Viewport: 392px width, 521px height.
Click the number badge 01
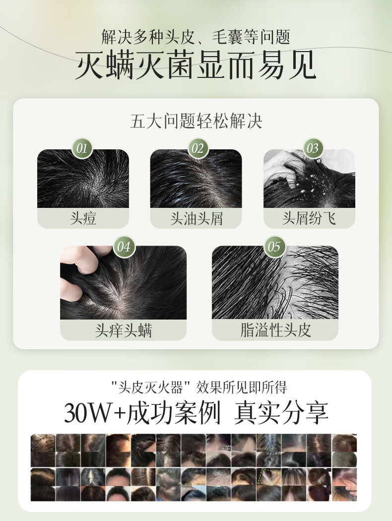point(82,148)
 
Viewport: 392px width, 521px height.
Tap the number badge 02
point(197,148)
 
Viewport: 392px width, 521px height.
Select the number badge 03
point(313,148)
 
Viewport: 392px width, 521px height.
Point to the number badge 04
point(124,247)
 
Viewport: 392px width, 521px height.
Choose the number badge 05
point(274,247)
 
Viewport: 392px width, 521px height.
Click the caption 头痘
point(83,218)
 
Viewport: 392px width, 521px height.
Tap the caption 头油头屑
point(196,218)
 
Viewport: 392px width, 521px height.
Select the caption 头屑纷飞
point(309,218)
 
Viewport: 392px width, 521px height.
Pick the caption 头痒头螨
point(123,330)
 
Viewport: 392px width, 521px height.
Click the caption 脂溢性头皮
point(275,330)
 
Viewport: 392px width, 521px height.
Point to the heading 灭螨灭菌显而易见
point(196,65)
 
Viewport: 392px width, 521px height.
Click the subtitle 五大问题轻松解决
point(196,121)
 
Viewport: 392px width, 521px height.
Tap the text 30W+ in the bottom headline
point(93,413)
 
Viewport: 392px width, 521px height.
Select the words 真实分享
point(281,413)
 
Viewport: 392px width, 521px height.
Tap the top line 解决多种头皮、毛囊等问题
point(196,37)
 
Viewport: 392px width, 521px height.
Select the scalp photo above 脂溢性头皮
point(275,282)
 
